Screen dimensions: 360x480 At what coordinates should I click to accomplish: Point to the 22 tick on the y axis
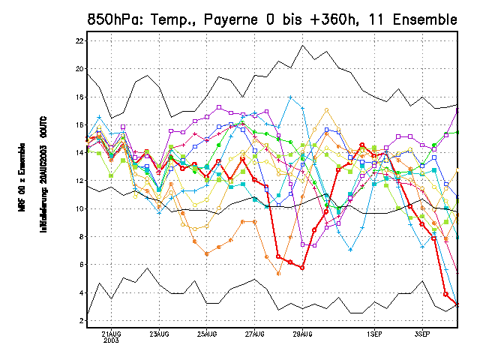pyautogui.click(x=80, y=40)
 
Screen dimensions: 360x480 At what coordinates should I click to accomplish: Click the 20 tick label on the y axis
pyautogui.click(x=80, y=69)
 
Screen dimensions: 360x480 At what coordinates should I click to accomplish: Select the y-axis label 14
pyautogui.click(x=80, y=153)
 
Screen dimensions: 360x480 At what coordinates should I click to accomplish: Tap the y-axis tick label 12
pyautogui.click(x=80, y=181)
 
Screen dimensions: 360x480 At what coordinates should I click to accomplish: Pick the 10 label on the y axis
pyautogui.click(x=80, y=209)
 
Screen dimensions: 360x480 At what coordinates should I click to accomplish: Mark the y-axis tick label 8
pyautogui.click(x=82, y=237)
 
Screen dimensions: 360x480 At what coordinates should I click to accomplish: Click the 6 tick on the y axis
pyautogui.click(x=82, y=265)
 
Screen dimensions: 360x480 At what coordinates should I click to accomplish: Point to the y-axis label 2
pyautogui.click(x=82, y=321)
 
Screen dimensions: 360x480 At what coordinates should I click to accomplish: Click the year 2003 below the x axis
pyautogui.click(x=111, y=340)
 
